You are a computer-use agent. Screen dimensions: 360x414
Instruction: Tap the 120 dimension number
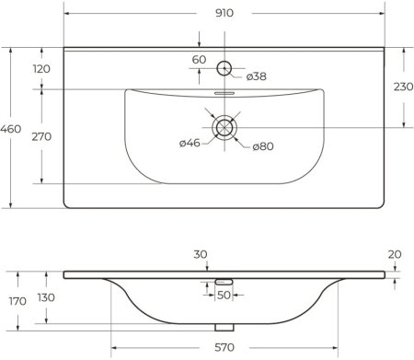click(x=41, y=70)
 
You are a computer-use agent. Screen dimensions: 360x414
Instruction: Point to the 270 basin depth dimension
click(x=41, y=136)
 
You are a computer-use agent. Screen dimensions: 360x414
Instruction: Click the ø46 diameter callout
click(x=190, y=142)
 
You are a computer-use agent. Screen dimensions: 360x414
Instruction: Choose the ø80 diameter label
click(x=264, y=147)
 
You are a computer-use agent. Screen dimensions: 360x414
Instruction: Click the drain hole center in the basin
click(x=224, y=127)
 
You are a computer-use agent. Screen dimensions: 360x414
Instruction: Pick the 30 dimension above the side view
click(x=200, y=255)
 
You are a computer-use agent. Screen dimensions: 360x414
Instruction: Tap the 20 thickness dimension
click(x=394, y=255)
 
